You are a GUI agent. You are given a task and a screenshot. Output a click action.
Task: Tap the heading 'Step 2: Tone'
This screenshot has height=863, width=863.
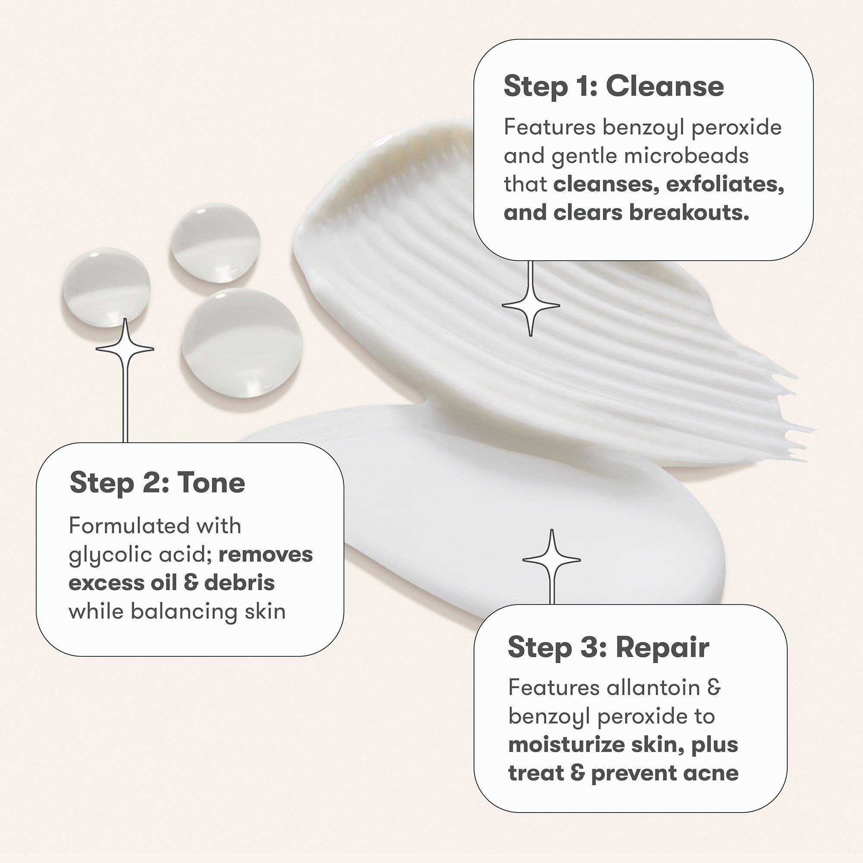157,483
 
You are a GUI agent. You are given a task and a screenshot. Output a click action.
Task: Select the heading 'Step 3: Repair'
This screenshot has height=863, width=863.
608,647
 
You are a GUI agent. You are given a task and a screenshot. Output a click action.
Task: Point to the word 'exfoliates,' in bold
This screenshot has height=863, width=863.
725,185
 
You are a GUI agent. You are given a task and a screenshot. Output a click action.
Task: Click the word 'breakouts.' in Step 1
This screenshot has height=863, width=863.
689,213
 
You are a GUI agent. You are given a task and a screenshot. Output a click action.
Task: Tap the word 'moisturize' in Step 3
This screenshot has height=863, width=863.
567,745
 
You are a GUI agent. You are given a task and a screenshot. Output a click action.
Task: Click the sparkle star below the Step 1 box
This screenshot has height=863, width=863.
531,306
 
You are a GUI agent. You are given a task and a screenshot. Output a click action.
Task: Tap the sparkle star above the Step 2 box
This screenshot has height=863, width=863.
125,348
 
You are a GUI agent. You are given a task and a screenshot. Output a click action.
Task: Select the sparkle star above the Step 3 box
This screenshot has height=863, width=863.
551,559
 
